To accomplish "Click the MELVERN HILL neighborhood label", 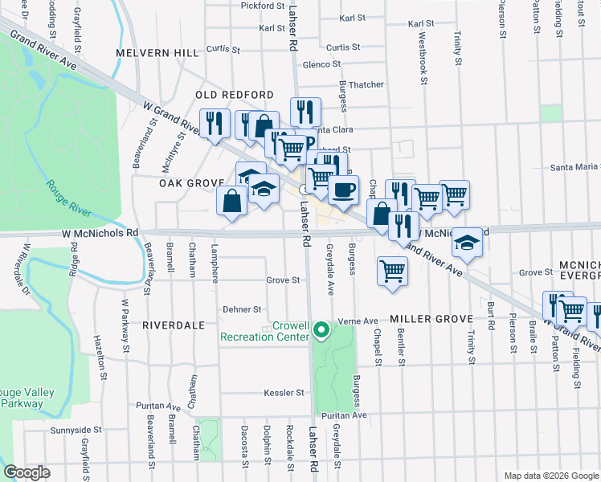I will pos(157,53).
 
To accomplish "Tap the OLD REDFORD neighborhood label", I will pos(229,95).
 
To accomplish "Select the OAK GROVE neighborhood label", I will pos(190,183).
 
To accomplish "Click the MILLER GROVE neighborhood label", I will pos(432,320).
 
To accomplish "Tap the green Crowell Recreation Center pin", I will pos(321,330).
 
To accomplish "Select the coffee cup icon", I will pos(343,190).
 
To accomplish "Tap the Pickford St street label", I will pos(263,6).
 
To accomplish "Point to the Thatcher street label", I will pos(366,84).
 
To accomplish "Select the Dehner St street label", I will pos(243,308).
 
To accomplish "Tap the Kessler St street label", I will pos(284,394).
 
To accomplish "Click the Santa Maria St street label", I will pos(574,167).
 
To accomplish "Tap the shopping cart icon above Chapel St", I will pos(392,271).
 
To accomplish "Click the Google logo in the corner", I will pos(27,472).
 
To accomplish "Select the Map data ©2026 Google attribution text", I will pos(551,476).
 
